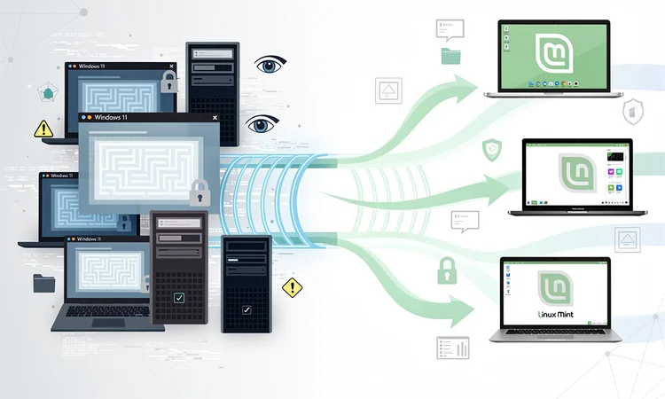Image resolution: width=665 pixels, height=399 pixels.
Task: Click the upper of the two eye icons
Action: click(x=270, y=65)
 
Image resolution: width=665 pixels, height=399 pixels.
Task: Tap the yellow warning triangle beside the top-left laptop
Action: click(x=43, y=129)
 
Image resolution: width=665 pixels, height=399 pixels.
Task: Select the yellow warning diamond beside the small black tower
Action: click(x=292, y=287)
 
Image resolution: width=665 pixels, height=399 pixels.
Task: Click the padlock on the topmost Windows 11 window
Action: click(x=169, y=82)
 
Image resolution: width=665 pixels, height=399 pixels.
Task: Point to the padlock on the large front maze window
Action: click(x=199, y=190)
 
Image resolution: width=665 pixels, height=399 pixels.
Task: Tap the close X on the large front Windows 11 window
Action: click(x=215, y=117)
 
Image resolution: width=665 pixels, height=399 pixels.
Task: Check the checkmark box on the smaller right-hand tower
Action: click(x=246, y=311)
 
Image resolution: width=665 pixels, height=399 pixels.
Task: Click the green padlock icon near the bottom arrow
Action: click(x=446, y=271)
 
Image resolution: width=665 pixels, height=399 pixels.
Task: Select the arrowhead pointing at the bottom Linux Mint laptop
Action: click(x=468, y=311)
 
